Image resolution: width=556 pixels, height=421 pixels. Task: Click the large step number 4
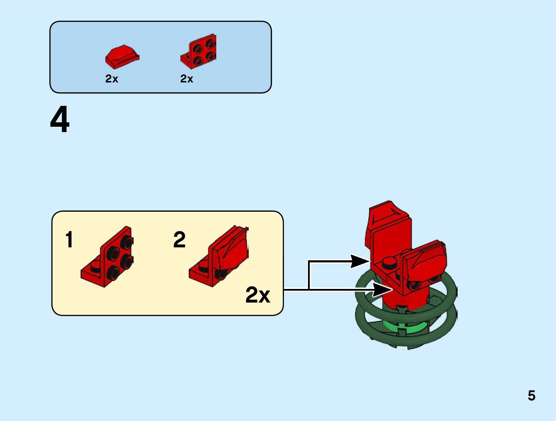coord(60,119)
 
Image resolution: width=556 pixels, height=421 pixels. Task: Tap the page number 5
coord(531,395)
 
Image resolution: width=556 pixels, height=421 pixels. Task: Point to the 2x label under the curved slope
coord(112,79)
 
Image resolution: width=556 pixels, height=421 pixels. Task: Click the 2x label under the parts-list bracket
coord(187,79)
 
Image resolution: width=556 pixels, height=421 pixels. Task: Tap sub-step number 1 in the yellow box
coord(69,240)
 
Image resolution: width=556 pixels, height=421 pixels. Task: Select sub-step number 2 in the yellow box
coord(179,240)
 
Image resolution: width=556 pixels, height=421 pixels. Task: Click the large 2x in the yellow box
coord(258,295)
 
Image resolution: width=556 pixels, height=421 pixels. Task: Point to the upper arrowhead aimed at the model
coord(359,261)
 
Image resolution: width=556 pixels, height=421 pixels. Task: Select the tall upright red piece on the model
coord(387,231)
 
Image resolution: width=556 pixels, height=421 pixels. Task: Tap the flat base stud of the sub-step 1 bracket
coord(95,268)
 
